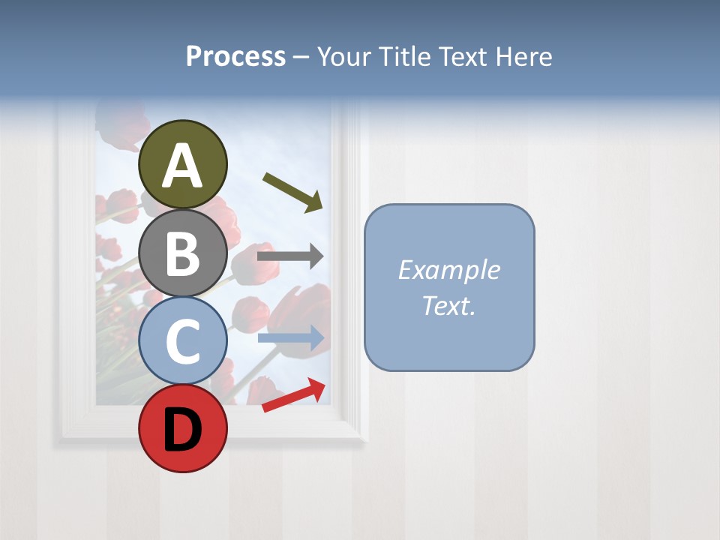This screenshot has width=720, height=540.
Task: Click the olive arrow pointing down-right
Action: pos(292,191)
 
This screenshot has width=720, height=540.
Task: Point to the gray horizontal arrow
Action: pos(290,256)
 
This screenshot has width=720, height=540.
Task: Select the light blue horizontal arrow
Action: pos(290,338)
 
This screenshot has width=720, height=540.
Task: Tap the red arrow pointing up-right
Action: pos(294,394)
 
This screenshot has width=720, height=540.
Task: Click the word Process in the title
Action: pos(235,57)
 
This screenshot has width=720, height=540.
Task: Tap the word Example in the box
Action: pos(449,270)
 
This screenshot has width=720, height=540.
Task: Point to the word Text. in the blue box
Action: pos(449,305)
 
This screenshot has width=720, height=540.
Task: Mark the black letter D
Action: pos(183,430)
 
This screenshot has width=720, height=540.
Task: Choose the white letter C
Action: pos(183,342)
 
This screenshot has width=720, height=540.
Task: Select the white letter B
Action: pos(183,253)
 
